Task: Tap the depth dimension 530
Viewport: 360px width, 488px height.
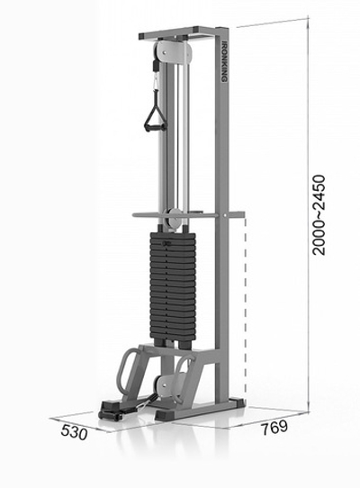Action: (x=74, y=431)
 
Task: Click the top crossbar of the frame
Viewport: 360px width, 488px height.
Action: (x=180, y=35)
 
